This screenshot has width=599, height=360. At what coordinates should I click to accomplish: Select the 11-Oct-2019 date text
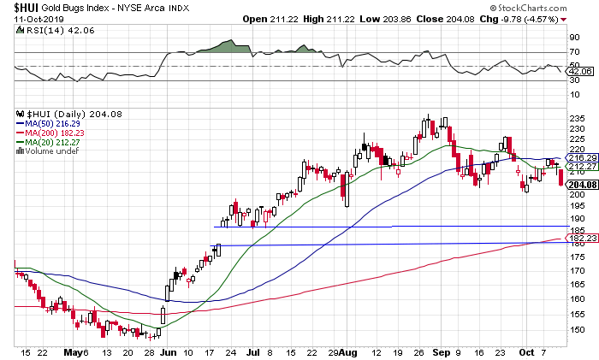coord(28,17)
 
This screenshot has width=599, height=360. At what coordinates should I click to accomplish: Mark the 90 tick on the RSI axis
coord(572,38)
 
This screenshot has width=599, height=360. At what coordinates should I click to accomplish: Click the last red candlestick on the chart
coord(560,177)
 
